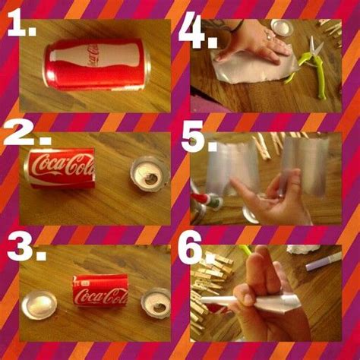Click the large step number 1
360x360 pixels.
21,24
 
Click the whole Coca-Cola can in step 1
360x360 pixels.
96,65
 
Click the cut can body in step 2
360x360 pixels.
59,168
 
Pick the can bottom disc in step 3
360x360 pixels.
39,305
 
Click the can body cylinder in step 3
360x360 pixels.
100,291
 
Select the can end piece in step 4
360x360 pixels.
283,27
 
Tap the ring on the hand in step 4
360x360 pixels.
269,35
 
